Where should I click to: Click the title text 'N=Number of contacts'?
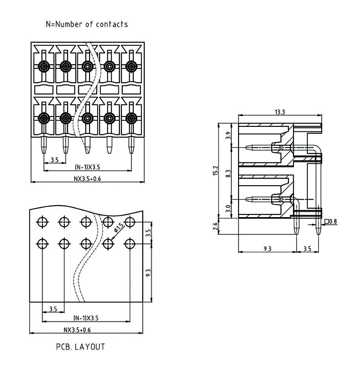pyautogui.click(x=87, y=24)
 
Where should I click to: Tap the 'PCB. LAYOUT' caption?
pyautogui.click(x=81, y=347)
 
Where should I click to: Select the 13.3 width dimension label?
pyautogui.click(x=280, y=112)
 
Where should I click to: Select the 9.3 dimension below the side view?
pyautogui.click(x=267, y=248)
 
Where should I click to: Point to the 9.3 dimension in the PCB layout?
pyautogui.click(x=149, y=272)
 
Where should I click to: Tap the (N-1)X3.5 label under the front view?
pyautogui.click(x=87, y=167)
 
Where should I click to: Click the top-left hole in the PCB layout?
pyautogui.click(x=42, y=221)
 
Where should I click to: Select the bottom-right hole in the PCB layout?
pyautogui.click(x=130, y=244)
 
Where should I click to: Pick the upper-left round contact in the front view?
pyautogui.click(x=44, y=67)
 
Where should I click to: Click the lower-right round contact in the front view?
pyautogui.click(x=131, y=118)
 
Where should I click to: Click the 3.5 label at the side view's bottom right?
pyautogui.click(x=308, y=248)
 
